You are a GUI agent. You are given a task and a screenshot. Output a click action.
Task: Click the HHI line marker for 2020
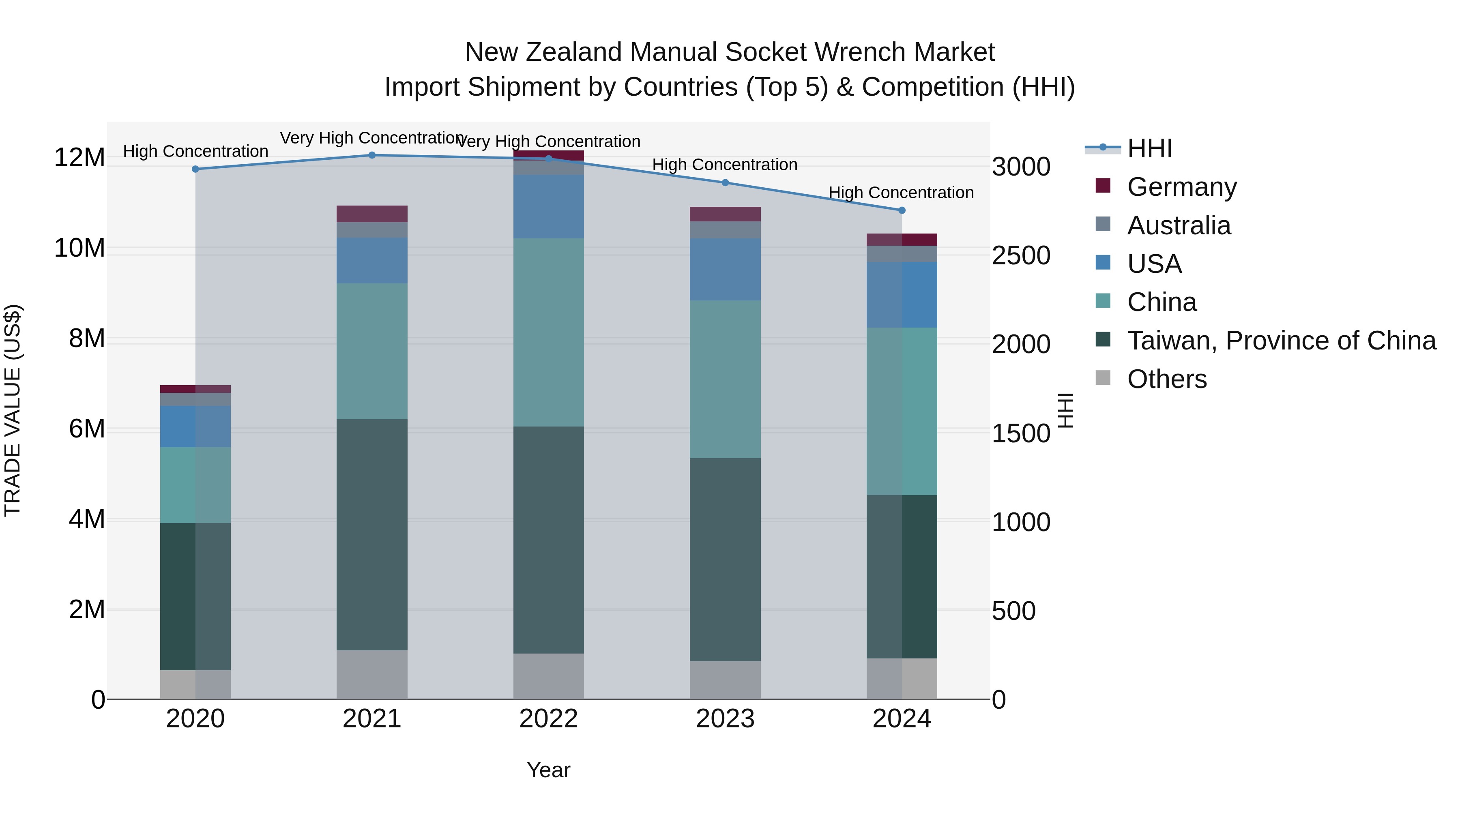click(x=195, y=169)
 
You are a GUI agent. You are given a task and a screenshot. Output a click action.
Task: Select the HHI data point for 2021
click(x=372, y=155)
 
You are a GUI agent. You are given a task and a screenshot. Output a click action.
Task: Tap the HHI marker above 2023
click(x=725, y=182)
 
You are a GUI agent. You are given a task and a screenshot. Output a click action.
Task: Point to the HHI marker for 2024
click(x=902, y=210)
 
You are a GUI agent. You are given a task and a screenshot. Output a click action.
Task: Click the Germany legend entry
click(x=1182, y=187)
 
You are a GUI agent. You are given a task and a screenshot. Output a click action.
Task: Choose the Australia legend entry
click(x=1179, y=225)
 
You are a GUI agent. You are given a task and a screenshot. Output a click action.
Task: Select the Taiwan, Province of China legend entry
click(x=1281, y=341)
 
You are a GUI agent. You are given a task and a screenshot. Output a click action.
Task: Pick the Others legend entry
click(x=1166, y=379)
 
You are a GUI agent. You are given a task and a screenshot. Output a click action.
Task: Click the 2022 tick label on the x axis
click(x=548, y=719)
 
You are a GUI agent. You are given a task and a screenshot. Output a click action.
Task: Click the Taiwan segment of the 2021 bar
click(x=372, y=534)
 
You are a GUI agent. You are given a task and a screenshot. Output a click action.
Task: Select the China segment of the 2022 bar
click(x=548, y=332)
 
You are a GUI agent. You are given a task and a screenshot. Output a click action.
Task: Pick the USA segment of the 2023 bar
click(x=725, y=269)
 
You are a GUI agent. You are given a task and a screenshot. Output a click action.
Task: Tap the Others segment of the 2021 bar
click(x=372, y=674)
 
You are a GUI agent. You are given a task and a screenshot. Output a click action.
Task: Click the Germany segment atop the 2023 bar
click(x=725, y=214)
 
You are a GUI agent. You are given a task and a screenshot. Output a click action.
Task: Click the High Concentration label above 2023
click(x=724, y=165)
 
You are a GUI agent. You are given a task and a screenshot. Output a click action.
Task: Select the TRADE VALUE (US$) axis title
click(x=13, y=410)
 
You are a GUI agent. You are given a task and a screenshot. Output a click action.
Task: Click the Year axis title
click(x=548, y=770)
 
